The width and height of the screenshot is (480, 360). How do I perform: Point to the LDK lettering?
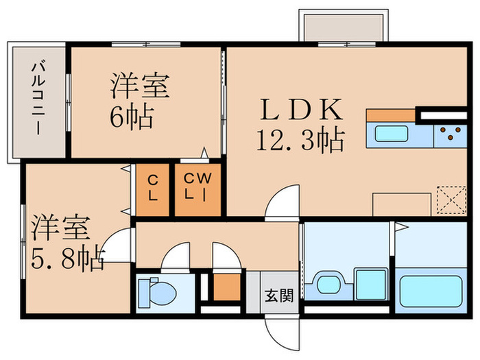click(x=299, y=110)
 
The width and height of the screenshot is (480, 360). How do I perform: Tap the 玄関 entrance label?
click(x=280, y=296)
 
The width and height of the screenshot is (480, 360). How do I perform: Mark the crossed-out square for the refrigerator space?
click(x=451, y=200)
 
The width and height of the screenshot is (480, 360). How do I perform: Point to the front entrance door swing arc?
click(x=280, y=334)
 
